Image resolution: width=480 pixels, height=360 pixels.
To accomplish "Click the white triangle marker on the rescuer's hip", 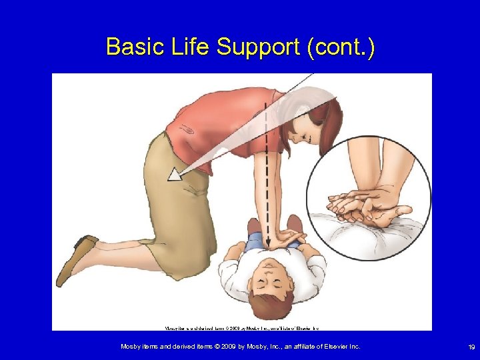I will (x=175, y=175).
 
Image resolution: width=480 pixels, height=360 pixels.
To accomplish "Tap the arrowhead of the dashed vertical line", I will (x=267, y=243).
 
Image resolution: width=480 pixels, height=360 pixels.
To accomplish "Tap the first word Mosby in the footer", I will (x=131, y=347).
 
